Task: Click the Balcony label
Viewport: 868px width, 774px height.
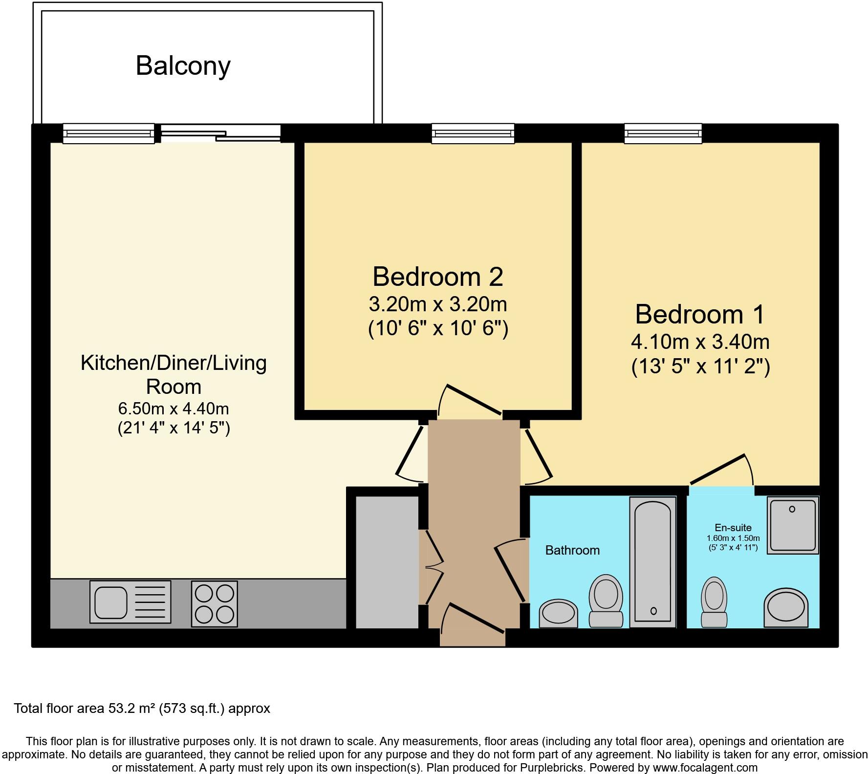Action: point(183,66)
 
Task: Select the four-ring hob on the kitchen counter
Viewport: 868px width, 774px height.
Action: point(214,603)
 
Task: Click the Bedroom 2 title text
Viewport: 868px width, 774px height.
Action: point(437,277)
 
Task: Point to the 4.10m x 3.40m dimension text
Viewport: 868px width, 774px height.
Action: point(700,342)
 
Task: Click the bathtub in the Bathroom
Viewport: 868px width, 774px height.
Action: point(652,562)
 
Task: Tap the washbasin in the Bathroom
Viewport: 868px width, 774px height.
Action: point(558,613)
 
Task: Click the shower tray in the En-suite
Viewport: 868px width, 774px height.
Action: point(792,525)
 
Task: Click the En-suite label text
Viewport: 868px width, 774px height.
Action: point(733,528)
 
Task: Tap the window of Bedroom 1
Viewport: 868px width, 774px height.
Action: point(663,133)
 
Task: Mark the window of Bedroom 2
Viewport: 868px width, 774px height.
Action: point(473,133)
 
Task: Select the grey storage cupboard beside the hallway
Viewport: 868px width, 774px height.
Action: point(387,562)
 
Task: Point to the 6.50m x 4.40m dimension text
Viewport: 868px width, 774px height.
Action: point(174,408)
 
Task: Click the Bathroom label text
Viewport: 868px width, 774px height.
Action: point(572,551)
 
